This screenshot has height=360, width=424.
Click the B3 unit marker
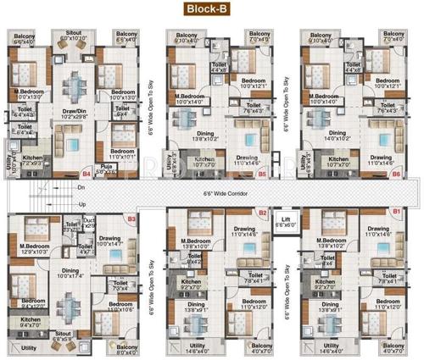tap(131, 219)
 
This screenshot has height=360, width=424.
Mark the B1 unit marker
tap(395, 212)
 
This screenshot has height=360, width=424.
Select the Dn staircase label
tap(81, 188)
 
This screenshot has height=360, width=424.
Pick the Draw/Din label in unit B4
tap(71, 114)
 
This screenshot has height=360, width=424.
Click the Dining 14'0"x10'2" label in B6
tap(338, 136)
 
